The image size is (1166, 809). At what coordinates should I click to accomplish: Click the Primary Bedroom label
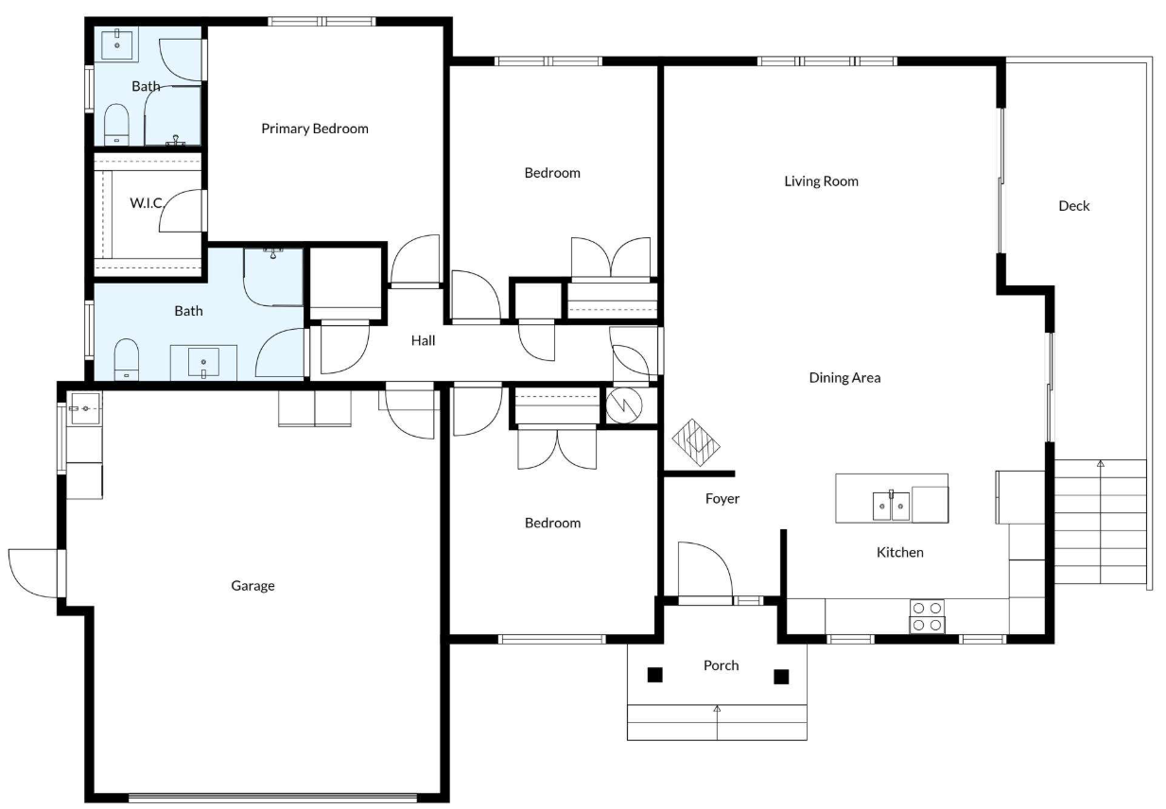(314, 129)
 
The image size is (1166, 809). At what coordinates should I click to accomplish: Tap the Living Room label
(821, 181)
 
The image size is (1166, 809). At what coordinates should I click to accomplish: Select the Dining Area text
(844, 378)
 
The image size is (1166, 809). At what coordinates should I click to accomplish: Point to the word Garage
(252, 586)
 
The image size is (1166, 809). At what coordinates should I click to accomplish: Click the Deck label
(1074, 206)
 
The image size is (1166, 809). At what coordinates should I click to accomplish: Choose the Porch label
(721, 665)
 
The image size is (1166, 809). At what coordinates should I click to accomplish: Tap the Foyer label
(722, 499)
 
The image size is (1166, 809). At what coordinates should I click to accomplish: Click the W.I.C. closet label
(147, 203)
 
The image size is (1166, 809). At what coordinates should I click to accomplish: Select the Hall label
(423, 341)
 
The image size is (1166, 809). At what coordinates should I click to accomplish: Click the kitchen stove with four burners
(927, 616)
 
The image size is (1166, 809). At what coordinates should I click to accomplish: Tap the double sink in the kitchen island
(891, 506)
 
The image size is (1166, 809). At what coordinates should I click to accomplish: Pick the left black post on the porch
(654, 675)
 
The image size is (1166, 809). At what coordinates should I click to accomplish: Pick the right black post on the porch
(781, 677)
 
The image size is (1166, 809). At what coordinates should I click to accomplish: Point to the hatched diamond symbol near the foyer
(695, 442)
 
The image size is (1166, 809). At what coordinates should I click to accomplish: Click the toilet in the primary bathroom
(116, 125)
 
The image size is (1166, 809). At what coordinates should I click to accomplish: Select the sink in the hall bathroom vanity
(203, 363)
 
